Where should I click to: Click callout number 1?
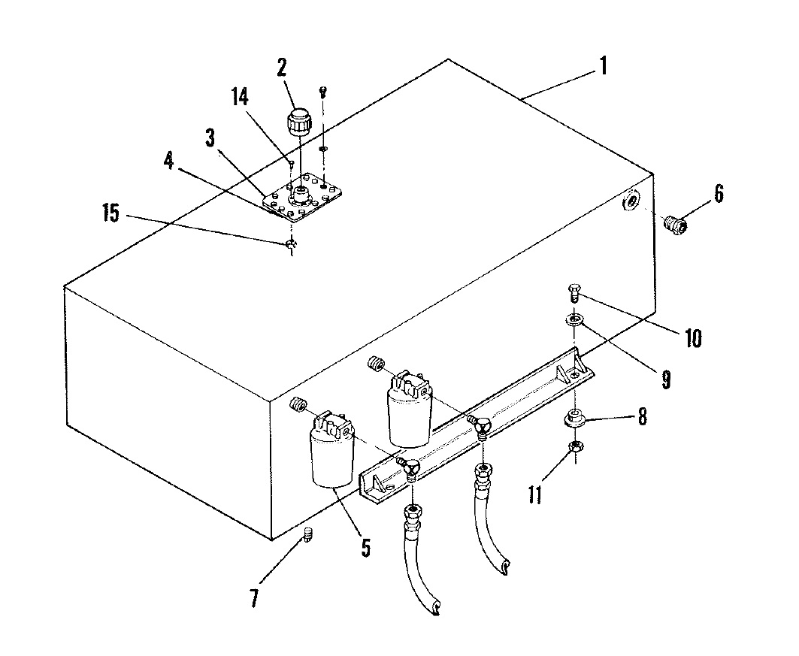click(x=604, y=66)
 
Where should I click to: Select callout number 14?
click(x=240, y=97)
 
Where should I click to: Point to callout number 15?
click(x=111, y=213)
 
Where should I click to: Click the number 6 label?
click(x=719, y=194)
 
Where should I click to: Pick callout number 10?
click(x=693, y=337)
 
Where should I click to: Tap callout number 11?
click(x=535, y=494)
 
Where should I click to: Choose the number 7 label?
click(x=255, y=597)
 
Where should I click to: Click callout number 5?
click(x=366, y=548)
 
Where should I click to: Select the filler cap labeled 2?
click(x=298, y=122)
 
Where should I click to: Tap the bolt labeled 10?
click(x=574, y=294)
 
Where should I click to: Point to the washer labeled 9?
click(x=574, y=320)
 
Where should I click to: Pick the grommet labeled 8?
click(x=574, y=417)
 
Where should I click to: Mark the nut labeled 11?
click(x=576, y=446)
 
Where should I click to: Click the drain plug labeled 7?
click(x=307, y=535)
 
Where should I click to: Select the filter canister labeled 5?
click(x=331, y=451)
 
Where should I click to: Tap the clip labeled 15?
click(x=291, y=244)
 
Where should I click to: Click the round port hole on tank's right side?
click(x=630, y=201)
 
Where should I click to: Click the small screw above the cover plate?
click(x=322, y=92)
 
